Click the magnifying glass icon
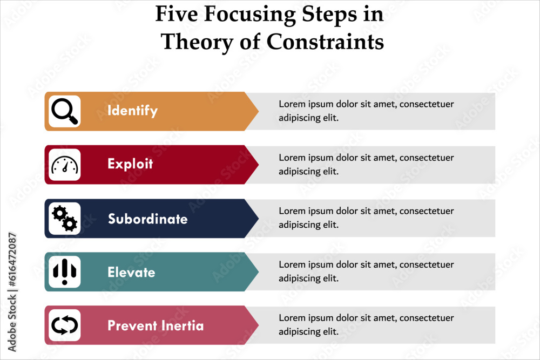65,111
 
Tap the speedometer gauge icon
65,165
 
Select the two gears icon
65,218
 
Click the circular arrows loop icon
65,325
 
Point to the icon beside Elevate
65,272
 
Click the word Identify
133,111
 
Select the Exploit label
130,164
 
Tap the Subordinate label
148,219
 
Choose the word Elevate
131,272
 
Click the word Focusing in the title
249,15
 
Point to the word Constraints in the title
325,42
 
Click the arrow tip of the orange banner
258,111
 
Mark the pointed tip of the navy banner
258,218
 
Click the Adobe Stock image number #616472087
12,260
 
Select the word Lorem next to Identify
292,104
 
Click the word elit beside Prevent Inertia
330,331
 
